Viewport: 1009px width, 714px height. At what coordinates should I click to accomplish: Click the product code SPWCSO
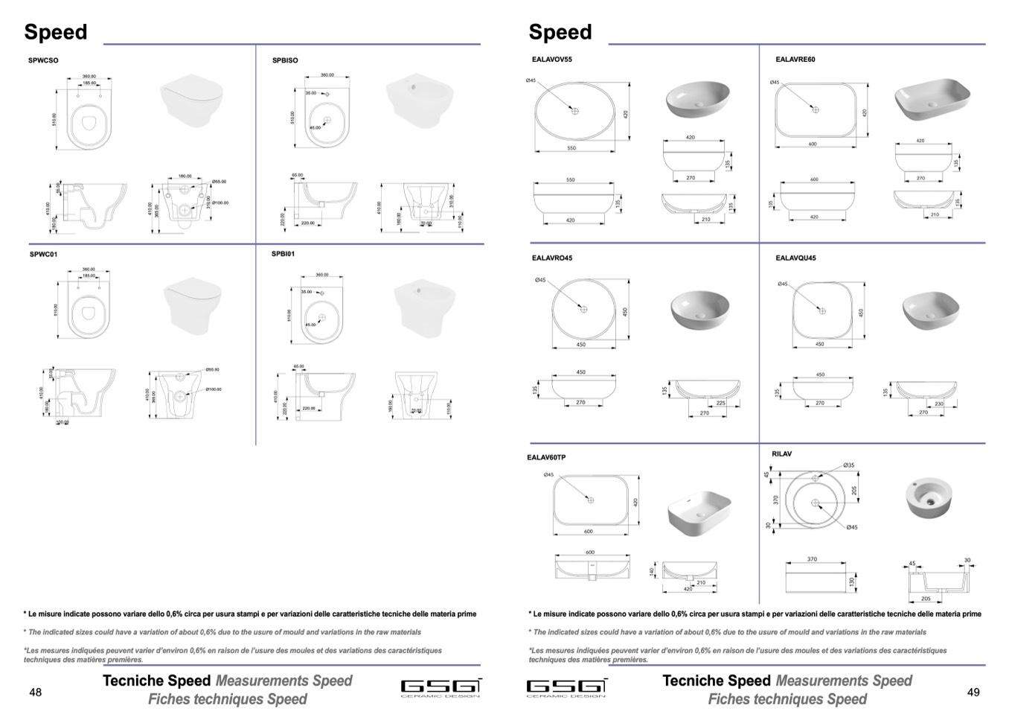point(43,60)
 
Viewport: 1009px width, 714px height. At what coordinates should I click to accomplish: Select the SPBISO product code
point(285,60)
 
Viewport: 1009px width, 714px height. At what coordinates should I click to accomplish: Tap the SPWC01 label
point(43,254)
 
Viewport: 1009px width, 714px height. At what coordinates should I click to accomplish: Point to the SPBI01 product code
point(283,254)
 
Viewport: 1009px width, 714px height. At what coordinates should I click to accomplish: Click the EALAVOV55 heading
point(552,60)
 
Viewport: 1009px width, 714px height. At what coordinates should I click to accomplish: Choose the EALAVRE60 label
point(795,60)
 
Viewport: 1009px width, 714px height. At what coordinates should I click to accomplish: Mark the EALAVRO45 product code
point(552,258)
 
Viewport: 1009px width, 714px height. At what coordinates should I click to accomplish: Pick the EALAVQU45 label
point(795,258)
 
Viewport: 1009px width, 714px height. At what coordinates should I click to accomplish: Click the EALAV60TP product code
point(547,457)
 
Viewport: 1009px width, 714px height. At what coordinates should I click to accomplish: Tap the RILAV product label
point(781,453)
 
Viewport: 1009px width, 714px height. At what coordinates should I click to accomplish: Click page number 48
point(35,692)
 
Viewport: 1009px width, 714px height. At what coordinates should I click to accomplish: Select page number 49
point(973,692)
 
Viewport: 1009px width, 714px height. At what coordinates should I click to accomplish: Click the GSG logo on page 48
point(441,687)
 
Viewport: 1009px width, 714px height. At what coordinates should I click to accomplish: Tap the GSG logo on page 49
point(566,687)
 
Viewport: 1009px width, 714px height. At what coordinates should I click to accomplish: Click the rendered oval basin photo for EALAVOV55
point(697,99)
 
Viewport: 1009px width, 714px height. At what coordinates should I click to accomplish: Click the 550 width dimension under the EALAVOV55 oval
point(571,148)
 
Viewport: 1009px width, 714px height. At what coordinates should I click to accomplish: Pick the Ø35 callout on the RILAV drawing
point(849,465)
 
